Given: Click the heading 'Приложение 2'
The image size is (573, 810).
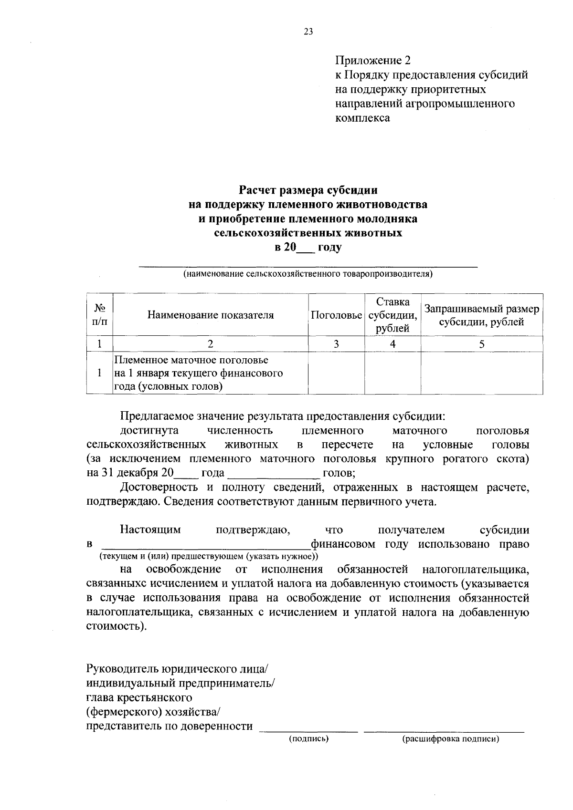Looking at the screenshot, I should click(372, 61).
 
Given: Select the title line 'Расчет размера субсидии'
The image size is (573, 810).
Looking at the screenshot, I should click(308, 190).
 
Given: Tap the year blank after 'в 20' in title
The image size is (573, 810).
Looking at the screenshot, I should click(306, 249).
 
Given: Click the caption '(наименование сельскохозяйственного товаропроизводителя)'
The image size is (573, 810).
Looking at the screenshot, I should click(308, 274).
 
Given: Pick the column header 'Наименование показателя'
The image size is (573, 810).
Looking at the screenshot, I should click(211, 315).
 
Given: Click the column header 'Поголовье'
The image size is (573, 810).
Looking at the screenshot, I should click(336, 315).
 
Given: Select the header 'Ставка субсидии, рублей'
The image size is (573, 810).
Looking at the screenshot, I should click(393, 315).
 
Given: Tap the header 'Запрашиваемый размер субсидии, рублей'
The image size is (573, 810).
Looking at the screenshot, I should click(481, 315).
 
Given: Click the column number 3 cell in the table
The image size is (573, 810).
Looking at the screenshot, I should click(336, 344).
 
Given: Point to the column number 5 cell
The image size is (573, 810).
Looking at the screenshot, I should click(481, 344).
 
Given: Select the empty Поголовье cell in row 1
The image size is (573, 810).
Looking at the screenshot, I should click(336, 373).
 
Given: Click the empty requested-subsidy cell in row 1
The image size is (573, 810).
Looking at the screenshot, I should click(481, 373).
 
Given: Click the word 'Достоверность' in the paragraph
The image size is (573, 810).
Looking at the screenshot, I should click(152, 488).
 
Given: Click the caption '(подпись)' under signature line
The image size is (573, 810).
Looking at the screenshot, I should click(309, 739).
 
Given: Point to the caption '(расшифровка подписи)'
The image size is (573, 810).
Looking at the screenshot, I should click(450, 739).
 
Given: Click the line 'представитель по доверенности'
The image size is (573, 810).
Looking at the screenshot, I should click(170, 727).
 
